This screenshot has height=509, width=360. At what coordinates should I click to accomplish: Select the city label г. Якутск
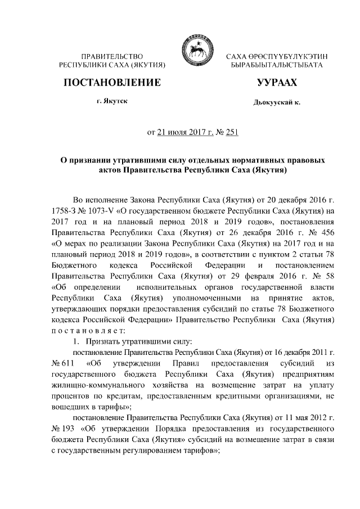(112, 102)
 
